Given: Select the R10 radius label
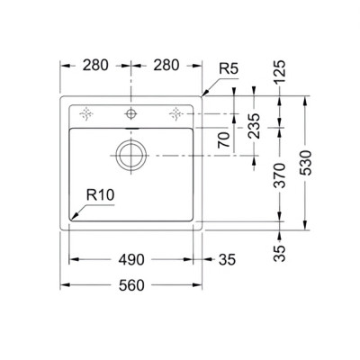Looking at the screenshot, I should (102, 193).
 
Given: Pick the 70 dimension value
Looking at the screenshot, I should (223, 139).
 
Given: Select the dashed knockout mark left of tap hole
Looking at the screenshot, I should (87, 113).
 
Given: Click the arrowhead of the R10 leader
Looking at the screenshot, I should (74, 219).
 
